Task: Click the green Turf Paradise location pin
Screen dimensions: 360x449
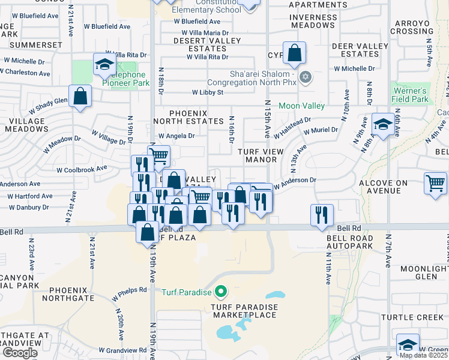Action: click(x=221, y=292)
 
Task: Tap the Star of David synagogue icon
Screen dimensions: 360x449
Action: click(x=306, y=77)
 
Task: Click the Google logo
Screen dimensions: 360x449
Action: click(x=19, y=352)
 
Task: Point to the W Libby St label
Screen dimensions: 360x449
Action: click(x=207, y=92)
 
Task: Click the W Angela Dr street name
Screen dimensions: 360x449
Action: click(x=176, y=136)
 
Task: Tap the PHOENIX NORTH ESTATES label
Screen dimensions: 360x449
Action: click(x=188, y=117)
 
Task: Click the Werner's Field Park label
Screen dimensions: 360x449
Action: click(x=410, y=95)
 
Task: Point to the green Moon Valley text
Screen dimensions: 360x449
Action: click(x=301, y=106)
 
